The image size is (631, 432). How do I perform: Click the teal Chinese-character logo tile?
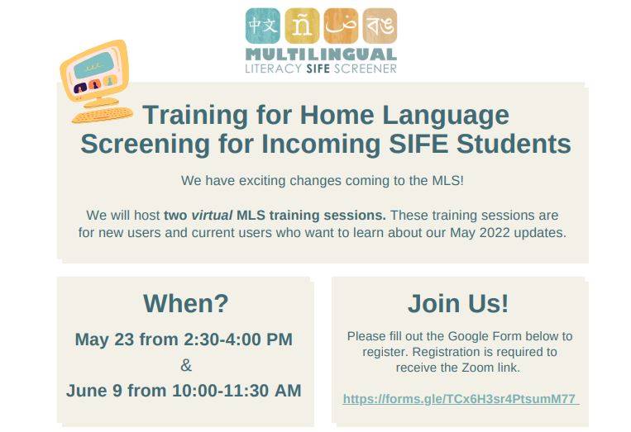[263, 26]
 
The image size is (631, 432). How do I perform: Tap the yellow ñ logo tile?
[302, 26]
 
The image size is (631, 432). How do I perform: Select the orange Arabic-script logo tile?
[341, 26]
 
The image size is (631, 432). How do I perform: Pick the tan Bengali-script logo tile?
[380, 26]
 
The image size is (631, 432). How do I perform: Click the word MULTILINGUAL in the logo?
[321, 55]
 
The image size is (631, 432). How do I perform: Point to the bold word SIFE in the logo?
[318, 69]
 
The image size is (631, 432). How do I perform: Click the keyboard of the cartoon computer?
[103, 115]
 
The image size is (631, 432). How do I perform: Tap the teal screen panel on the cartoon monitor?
[93, 65]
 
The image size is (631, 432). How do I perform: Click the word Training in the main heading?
[195, 116]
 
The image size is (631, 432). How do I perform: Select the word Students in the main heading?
[514, 144]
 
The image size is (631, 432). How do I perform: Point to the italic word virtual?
[212, 216]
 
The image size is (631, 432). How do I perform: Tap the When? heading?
[186, 303]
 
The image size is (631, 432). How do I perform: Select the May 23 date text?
[104, 339]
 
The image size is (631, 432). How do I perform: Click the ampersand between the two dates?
[186, 365]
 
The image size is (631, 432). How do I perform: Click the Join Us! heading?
[458, 303]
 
